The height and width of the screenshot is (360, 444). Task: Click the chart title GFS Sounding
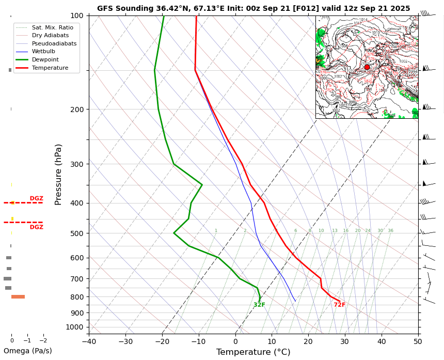coord(253,8)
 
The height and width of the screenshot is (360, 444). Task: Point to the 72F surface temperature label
coord(339,305)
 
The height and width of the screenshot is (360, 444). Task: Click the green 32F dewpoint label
coord(259,305)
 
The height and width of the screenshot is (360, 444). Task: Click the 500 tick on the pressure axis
coord(77,233)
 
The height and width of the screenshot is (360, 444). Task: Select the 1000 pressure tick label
coord(75,327)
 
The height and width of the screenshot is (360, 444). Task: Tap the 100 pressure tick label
coord(77,15)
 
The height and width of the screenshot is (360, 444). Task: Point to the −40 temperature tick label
coord(89,341)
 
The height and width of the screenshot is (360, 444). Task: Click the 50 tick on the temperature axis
coord(418,341)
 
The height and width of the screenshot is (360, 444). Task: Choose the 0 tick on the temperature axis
coord(235,341)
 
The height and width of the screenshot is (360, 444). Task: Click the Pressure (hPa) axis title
coord(58,175)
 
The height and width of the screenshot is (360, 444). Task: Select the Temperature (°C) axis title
coord(253,352)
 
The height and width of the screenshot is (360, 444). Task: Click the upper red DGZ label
coord(36,198)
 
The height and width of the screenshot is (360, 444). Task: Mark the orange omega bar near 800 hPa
coord(18,296)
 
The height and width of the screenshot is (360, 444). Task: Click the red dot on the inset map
coord(367,67)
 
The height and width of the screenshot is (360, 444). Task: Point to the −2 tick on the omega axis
coord(43,341)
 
